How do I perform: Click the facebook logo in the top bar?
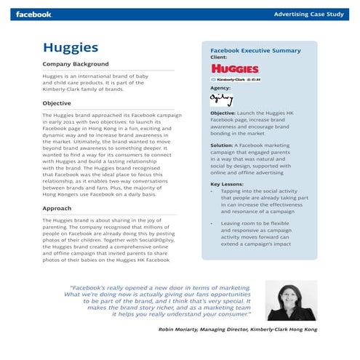pyautogui.click(x=34, y=14)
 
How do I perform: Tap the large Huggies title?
pyautogui.click(x=71, y=48)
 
